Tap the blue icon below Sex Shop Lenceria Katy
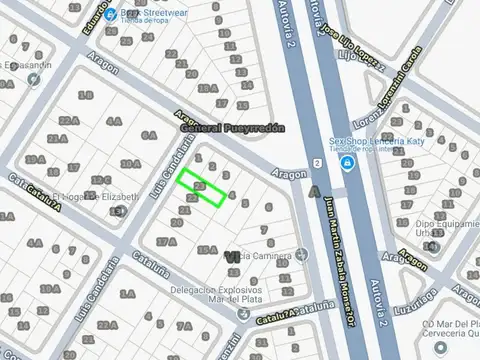pyautogui.click(x=346, y=163)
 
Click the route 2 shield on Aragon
pyautogui.click(x=315, y=163)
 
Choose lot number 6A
pyautogui.click(x=115, y=122)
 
